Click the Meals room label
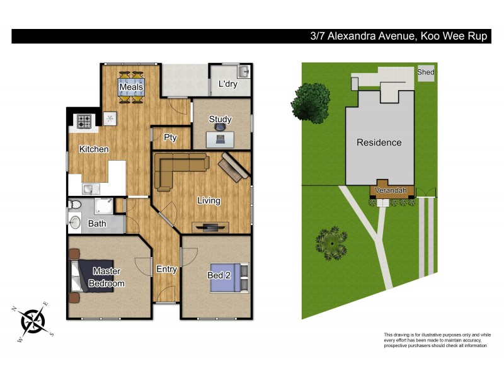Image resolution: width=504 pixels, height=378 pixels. pos(132,86)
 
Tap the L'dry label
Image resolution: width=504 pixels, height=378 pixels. pos(227,84)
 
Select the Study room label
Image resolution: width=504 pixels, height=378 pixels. pos(220,119)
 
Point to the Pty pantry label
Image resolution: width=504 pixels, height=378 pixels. pos(169,137)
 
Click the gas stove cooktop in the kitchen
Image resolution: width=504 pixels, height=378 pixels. pos(84,120)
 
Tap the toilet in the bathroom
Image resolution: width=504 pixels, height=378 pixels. pos(76,205)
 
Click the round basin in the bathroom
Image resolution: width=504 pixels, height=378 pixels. pos(76,222)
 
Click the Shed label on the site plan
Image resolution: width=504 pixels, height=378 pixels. pos(426,72)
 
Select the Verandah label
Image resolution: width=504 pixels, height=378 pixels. pos(392,190)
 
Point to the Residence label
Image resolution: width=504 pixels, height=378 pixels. pos(379,142)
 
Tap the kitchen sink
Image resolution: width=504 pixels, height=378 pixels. pos(89,188)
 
